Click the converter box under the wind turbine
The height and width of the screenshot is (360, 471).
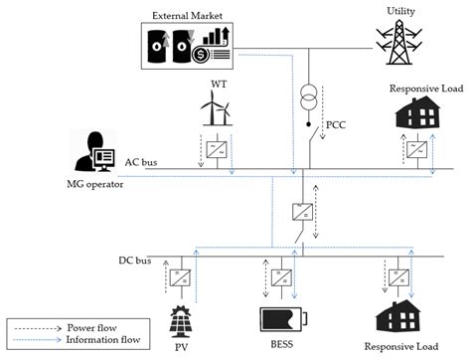pyautogui.click(x=215, y=150)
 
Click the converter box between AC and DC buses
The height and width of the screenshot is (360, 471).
pyautogui.click(x=299, y=211)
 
